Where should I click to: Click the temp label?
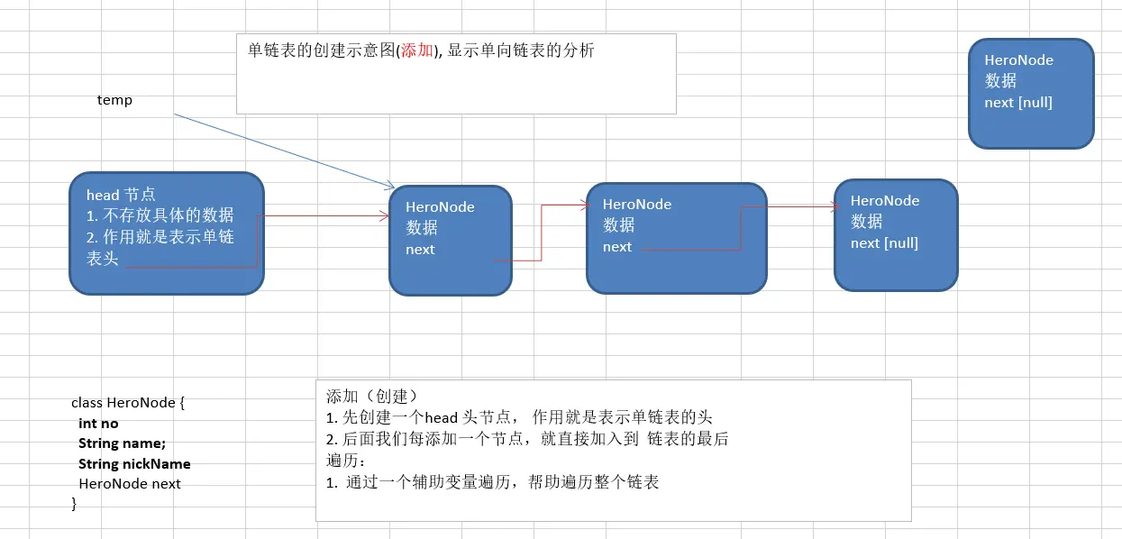click(x=114, y=100)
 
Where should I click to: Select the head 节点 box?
click(x=166, y=233)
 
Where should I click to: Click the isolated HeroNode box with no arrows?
click(x=1030, y=93)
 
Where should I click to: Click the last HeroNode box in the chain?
click(x=895, y=234)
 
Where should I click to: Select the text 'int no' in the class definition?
click(x=98, y=424)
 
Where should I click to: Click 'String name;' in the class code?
click(x=122, y=443)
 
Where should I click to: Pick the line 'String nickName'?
click(x=134, y=464)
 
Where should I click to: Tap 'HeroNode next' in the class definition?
click(x=129, y=484)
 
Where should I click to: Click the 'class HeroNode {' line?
click(x=127, y=403)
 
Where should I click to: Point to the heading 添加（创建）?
click(x=372, y=397)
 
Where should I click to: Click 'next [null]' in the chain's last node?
click(x=884, y=243)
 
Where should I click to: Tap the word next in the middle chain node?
click(x=617, y=247)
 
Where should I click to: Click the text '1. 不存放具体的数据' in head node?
click(x=160, y=215)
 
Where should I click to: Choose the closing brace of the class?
click(x=75, y=504)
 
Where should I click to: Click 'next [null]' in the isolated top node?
click(x=1017, y=103)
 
